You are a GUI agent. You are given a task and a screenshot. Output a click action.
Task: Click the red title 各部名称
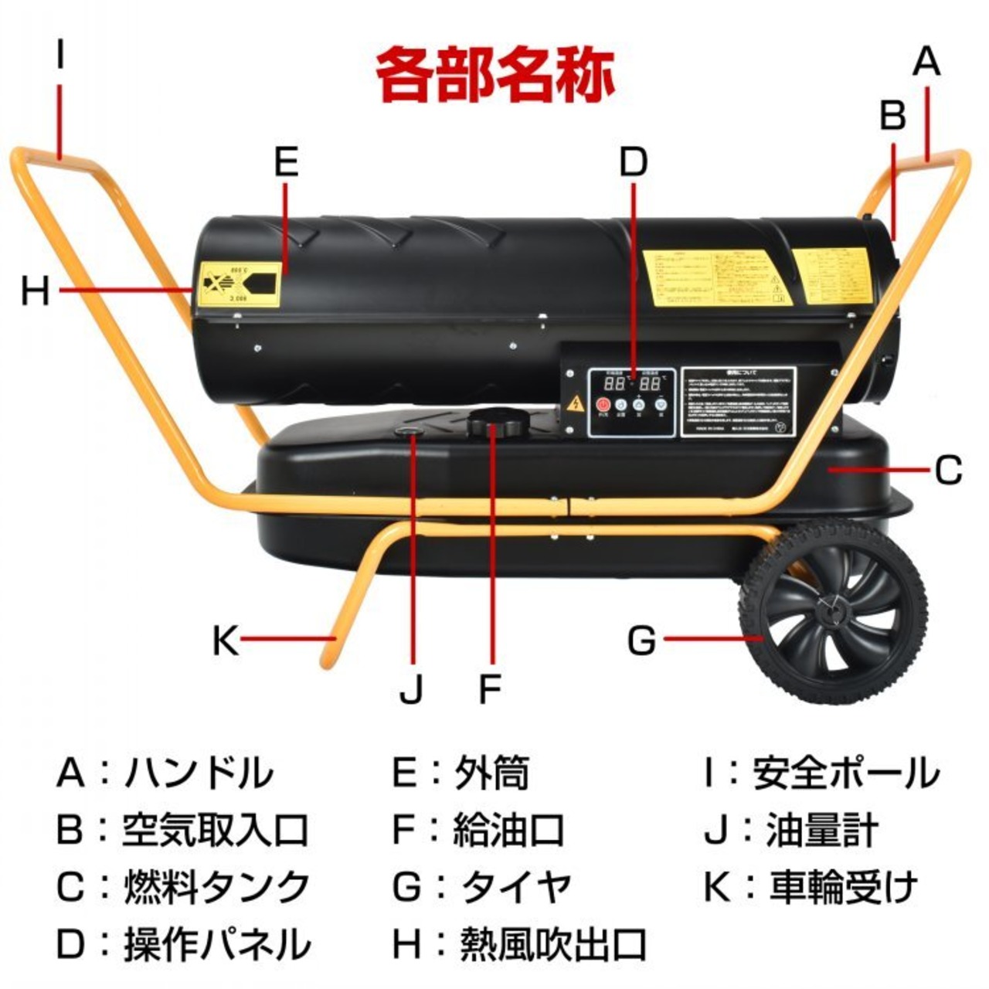(x=495, y=75)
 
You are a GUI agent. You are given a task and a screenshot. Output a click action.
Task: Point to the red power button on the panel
(x=603, y=404)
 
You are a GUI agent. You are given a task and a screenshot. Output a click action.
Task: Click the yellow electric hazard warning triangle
(x=575, y=404)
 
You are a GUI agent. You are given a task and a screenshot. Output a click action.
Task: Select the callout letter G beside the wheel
(x=641, y=640)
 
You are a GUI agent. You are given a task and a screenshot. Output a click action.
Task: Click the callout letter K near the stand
(x=226, y=640)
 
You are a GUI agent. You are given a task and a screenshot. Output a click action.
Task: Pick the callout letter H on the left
(x=36, y=291)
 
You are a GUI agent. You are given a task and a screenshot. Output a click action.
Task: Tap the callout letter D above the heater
(x=633, y=161)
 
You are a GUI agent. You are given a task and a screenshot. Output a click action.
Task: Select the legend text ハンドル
(x=199, y=773)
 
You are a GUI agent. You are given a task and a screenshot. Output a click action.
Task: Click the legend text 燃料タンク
(x=217, y=888)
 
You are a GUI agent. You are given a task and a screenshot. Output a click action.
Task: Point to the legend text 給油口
(x=508, y=831)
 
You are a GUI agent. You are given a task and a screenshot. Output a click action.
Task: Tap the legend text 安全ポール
(x=846, y=773)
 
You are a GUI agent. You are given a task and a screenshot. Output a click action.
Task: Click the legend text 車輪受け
(x=844, y=888)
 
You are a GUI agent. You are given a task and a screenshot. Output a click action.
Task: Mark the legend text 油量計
(x=822, y=831)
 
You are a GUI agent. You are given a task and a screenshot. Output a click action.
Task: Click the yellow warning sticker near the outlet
(x=238, y=284)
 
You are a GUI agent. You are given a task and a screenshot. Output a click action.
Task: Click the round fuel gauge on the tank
(x=409, y=432)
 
